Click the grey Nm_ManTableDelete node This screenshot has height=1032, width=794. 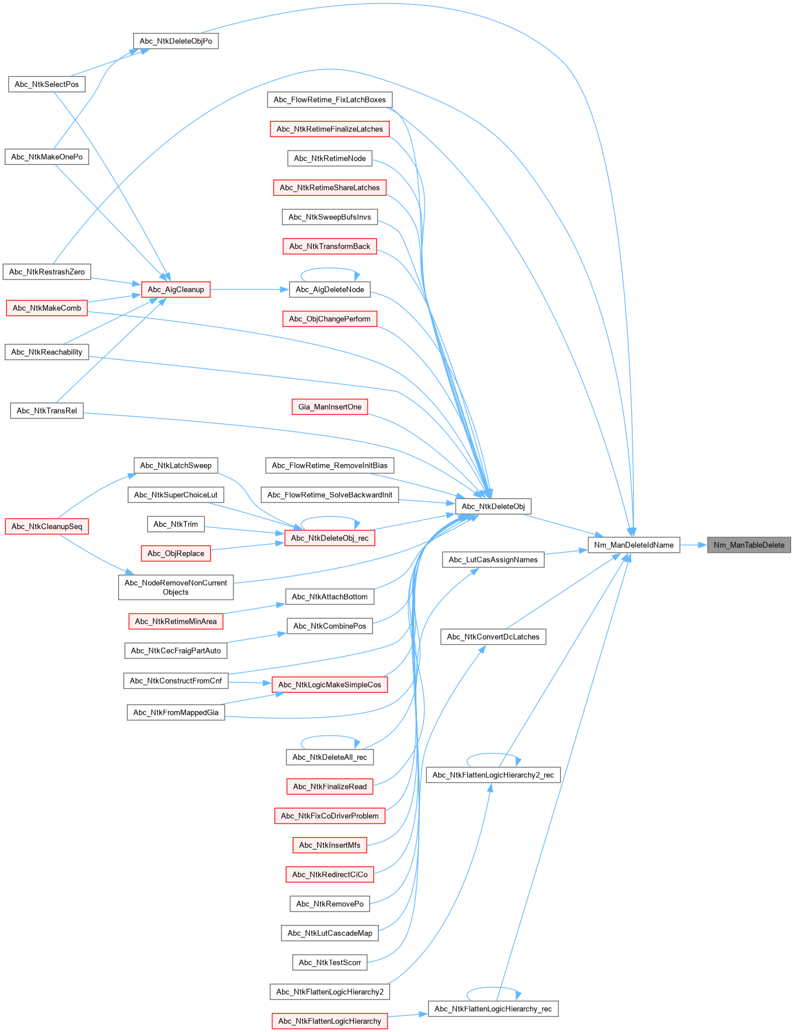click(x=749, y=545)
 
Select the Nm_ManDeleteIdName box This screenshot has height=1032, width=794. click(x=634, y=545)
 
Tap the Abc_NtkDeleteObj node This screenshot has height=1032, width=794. click(x=493, y=506)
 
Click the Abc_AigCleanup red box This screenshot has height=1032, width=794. click(x=175, y=289)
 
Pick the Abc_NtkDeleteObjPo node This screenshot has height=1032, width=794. click(x=175, y=41)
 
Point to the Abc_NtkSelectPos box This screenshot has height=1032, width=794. click(x=46, y=84)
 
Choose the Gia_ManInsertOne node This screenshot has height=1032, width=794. click(x=330, y=407)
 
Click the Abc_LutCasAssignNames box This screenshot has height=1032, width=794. click(x=493, y=559)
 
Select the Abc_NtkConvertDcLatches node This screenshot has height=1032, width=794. click(x=493, y=637)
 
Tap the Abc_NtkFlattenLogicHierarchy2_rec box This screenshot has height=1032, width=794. click(x=493, y=775)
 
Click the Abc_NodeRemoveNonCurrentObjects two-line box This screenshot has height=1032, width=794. click(x=175, y=587)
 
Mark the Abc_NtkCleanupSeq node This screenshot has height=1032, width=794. click(x=47, y=526)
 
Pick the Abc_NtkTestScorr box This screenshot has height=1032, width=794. click(x=330, y=963)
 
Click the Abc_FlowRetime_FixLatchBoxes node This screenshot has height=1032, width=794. click(x=330, y=100)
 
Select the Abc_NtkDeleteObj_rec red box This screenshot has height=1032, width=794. click(x=330, y=538)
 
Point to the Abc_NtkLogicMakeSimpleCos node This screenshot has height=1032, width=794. click(x=330, y=685)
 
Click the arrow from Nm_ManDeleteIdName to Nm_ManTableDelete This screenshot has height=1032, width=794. click(x=693, y=545)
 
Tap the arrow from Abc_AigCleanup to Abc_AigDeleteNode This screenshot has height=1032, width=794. click(x=249, y=289)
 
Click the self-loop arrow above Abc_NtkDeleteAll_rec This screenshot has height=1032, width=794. click(x=330, y=736)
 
